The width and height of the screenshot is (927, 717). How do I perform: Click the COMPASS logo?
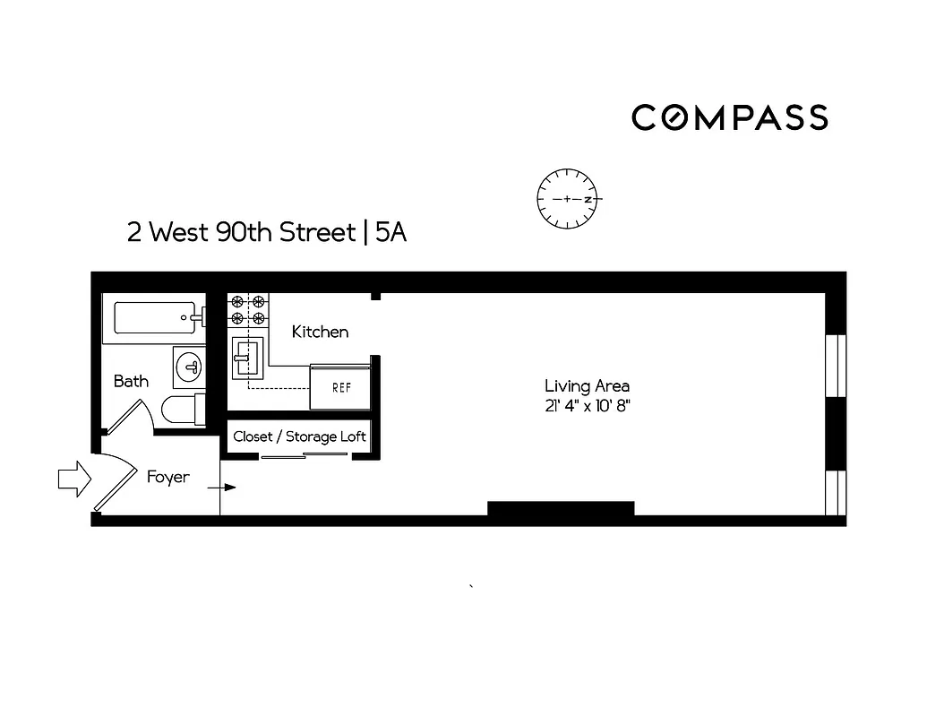click(x=729, y=117)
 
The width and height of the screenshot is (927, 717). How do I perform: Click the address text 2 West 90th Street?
click(x=241, y=233)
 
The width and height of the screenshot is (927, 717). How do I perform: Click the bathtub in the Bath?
click(x=154, y=317)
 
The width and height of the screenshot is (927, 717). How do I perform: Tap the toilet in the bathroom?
click(x=182, y=410)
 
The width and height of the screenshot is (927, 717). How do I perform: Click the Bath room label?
click(x=131, y=381)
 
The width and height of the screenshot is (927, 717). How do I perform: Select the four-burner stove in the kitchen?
click(x=248, y=310)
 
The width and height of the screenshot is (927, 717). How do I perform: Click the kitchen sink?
click(x=246, y=358)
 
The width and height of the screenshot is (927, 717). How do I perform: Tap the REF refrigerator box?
click(x=340, y=387)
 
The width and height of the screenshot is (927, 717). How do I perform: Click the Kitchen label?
click(x=320, y=332)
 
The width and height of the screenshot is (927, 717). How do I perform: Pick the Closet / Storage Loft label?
click(x=299, y=436)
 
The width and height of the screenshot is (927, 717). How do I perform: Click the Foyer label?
click(x=168, y=477)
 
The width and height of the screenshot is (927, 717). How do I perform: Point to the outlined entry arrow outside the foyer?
click(x=74, y=479)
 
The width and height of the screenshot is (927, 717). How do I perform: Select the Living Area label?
click(x=587, y=385)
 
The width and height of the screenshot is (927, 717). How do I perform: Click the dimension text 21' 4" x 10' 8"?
click(x=587, y=406)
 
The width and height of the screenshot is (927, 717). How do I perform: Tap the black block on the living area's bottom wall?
click(x=561, y=509)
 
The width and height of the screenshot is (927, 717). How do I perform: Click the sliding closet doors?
click(x=305, y=456)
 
